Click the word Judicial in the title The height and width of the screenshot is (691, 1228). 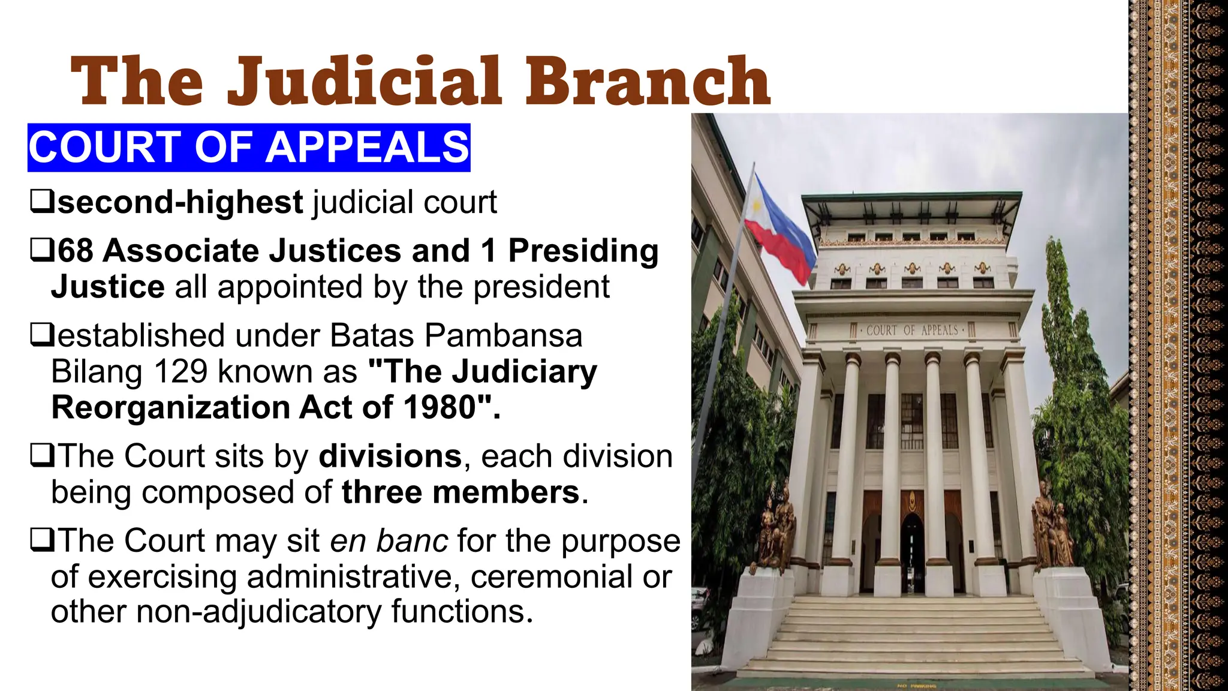click(364, 81)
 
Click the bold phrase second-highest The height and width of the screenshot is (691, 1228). click(180, 202)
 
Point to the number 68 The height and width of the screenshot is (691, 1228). click(76, 251)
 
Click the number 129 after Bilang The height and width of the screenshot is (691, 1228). click(180, 372)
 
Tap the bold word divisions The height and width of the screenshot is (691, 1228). click(390, 456)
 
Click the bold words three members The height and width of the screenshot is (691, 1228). click(460, 492)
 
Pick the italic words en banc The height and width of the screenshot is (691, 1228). click(389, 541)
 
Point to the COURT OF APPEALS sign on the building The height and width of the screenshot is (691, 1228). click(911, 331)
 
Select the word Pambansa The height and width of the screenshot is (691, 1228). click(504, 336)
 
